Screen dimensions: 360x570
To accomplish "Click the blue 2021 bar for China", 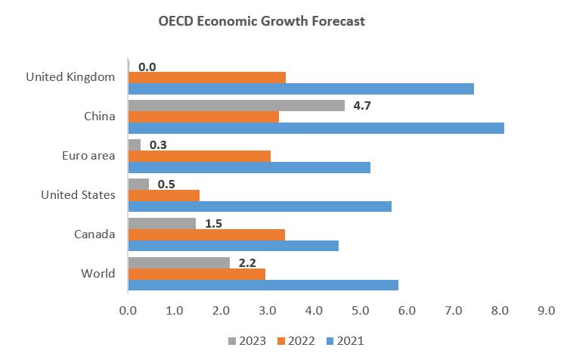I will pos(316,128).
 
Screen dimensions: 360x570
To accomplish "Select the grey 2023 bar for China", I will pos(236,105).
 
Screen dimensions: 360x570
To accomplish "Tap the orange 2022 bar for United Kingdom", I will pos(206,77).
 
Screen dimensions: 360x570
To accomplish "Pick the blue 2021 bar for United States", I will pos(259,206).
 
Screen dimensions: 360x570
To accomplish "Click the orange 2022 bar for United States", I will pos(163,195).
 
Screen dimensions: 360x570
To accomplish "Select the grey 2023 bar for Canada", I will pos(162,223).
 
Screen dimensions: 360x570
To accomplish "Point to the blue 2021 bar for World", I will pos(263,285).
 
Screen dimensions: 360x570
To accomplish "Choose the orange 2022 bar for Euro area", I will pos(199,156).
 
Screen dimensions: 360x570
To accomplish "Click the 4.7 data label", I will pos(362,105).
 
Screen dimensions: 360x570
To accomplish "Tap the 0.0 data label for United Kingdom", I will pos(147,67).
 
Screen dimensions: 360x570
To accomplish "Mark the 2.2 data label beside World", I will pos(247,262).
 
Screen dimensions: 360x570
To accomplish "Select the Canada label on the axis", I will pos(94,234).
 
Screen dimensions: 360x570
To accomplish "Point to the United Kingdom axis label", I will pos(70,77).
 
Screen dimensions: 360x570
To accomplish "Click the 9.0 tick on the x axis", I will pos(545,311).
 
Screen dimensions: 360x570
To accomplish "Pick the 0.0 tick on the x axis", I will pos(128,311).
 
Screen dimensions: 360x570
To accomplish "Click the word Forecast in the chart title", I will pos(334,21).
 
